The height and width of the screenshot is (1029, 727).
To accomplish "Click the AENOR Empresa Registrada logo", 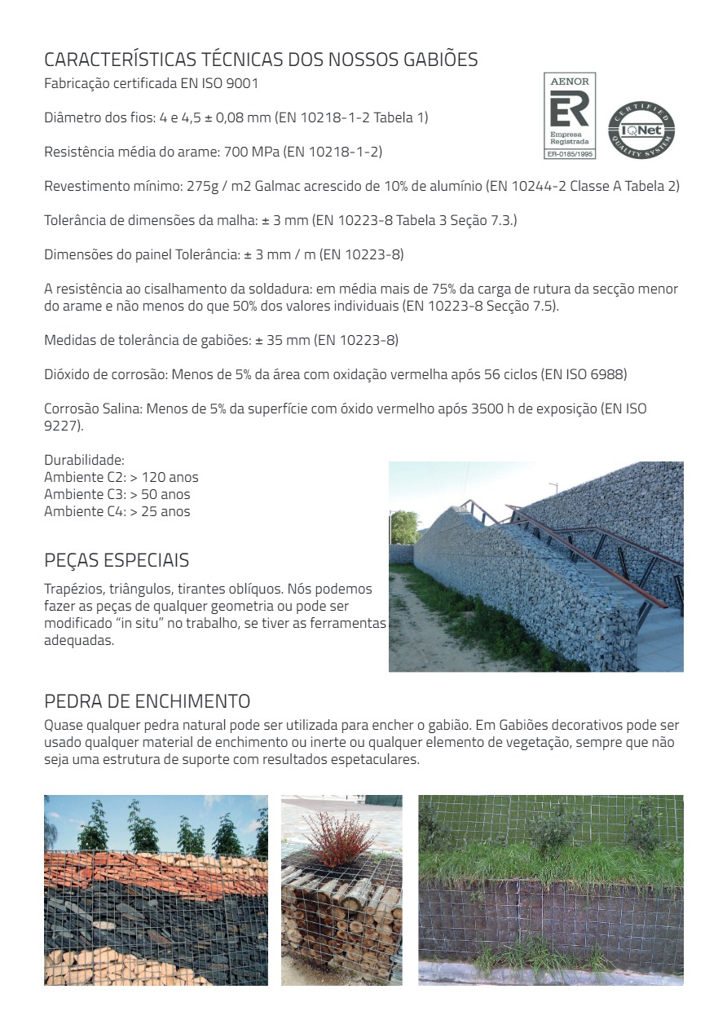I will [570, 115].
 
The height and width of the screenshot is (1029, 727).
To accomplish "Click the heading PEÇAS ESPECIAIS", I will [117, 560].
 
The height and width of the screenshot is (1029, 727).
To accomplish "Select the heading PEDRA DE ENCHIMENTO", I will [147, 701].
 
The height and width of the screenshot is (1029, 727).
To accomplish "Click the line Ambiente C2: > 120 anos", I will [121, 477].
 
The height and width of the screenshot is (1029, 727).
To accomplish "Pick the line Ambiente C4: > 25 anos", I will [117, 511].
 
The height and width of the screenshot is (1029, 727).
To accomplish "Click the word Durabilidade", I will [84, 460].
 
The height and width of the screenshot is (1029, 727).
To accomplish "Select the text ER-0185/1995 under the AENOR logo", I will [570, 152].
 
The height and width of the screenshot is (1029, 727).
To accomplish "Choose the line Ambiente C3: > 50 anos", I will [117, 494].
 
